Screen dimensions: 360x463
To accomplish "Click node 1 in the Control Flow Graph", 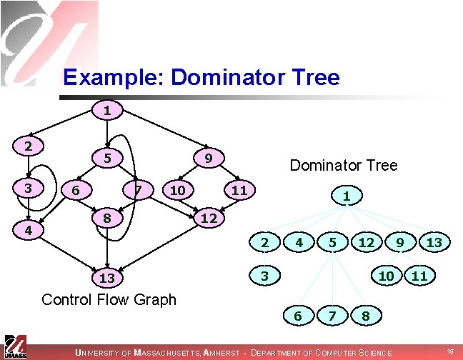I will pos(106,111).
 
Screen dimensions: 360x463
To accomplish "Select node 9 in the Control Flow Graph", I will pos(207,157).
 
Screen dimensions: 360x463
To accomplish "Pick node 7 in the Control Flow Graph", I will pos(139,190).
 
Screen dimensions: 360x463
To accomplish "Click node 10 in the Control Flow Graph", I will pos(176,190).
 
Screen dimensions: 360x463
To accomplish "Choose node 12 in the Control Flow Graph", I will pos(209,217).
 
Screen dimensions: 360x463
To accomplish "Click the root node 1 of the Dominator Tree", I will pos(346,195).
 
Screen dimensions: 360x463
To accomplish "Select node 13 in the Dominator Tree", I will pos(434,244).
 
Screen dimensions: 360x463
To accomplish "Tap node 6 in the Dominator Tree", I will pos(295,314).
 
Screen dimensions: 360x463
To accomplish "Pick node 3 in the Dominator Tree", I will pos(264,275).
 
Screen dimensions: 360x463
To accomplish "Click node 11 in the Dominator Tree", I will pos(419,275).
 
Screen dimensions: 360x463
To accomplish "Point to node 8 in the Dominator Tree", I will pos(365,314).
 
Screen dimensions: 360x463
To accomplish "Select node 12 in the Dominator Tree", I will pos(367,244).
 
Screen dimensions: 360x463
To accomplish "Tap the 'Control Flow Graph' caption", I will pos(109,299).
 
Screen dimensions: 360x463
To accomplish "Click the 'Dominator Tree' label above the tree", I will pos(343,166).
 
